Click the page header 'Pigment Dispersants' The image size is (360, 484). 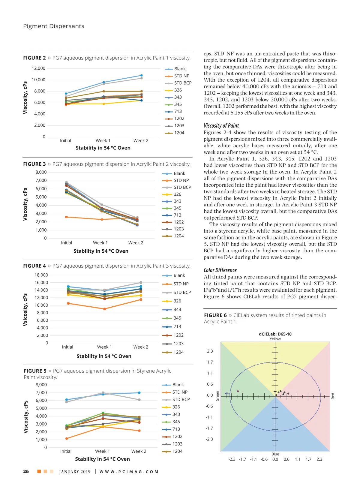54,26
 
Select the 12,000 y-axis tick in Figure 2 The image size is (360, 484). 39,68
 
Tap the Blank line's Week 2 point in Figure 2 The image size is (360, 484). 141,76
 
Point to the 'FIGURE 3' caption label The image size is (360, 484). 34,164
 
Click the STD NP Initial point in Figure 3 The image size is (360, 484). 66,217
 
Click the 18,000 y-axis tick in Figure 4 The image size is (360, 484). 41,275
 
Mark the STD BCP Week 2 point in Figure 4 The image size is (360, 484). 141,283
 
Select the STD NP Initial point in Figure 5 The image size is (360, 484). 66,438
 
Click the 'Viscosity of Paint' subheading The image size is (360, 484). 221,126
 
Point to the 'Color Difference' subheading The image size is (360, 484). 220,270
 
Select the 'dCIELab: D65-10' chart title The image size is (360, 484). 275,334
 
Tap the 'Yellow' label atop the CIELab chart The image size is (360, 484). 275,339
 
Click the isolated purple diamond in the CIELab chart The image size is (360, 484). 238,391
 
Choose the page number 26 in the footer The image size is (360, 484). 26,471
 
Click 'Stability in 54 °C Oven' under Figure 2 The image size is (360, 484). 103,148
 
